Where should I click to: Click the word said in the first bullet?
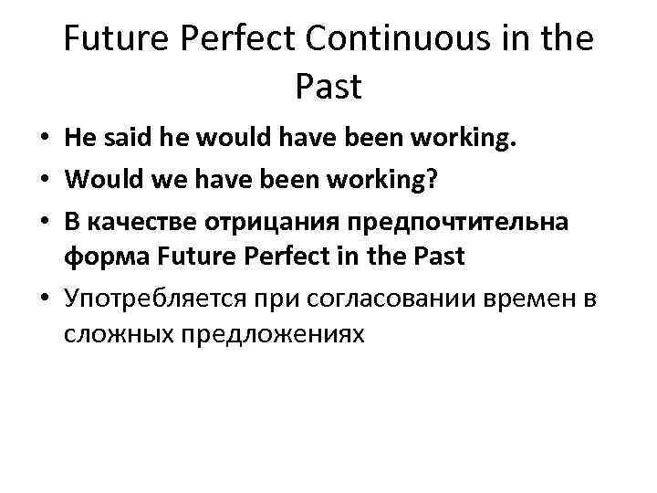pyautogui.click(x=120, y=140)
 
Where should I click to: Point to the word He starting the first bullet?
pyautogui.click(x=78, y=140)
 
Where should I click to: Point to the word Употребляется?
pyautogui.click(x=151, y=298)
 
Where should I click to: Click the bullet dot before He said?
pyautogui.click(x=43, y=141)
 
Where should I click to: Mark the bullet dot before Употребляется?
pyautogui.click(x=43, y=299)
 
